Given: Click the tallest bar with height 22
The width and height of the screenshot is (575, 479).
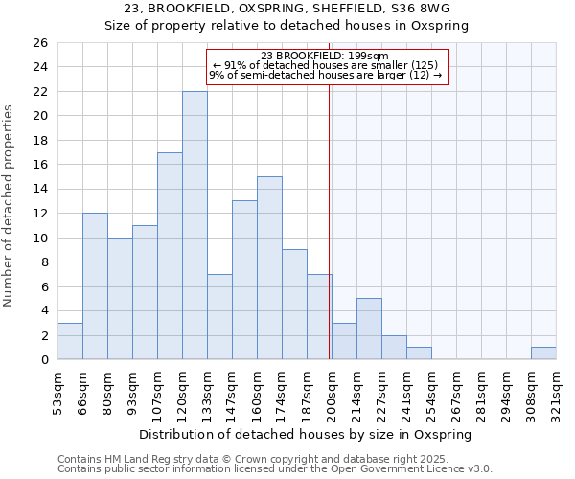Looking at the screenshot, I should click(x=195, y=225).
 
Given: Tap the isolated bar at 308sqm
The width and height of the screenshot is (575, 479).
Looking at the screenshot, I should click(x=543, y=353).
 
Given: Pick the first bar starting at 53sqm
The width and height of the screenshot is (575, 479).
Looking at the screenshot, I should click(x=70, y=341).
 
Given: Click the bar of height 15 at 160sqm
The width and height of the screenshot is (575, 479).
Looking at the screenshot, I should click(x=269, y=268).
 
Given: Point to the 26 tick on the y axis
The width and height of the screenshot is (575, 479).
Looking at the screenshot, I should click(x=39, y=43).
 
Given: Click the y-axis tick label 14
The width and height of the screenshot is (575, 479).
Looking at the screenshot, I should click(x=39, y=190).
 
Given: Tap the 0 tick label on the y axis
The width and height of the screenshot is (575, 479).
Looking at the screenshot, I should click(x=43, y=360).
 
